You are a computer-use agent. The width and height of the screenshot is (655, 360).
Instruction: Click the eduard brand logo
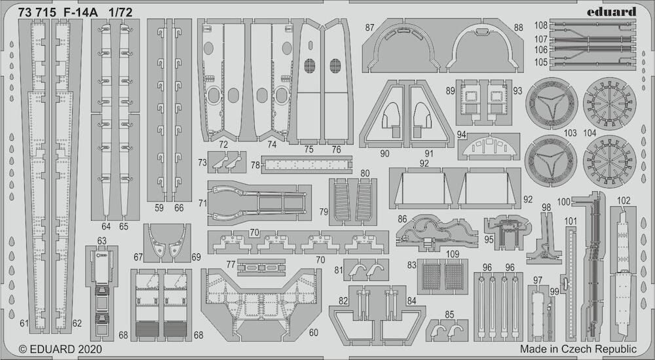coord(611,11)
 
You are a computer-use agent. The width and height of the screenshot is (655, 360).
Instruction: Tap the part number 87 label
coord(369,27)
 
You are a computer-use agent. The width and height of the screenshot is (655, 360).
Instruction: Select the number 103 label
coord(570,134)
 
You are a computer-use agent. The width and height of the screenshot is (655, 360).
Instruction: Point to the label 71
coord(202,204)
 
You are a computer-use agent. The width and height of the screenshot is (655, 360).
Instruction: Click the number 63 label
coord(102,241)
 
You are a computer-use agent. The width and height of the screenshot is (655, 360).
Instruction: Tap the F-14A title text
coord(81,12)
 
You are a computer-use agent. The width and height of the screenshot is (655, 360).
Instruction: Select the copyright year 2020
coord(88,349)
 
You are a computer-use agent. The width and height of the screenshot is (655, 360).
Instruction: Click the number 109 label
coord(453,254)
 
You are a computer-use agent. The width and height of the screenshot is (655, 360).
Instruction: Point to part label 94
coord(462,134)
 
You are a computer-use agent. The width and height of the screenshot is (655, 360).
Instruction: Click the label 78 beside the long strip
coord(255,165)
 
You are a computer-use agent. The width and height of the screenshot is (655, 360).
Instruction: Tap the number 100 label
coord(564,202)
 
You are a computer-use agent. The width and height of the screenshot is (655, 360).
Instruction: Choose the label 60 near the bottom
coord(313,333)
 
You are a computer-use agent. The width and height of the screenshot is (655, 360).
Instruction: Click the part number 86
coord(402,219)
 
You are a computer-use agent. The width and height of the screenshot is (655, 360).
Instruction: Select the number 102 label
coord(624,201)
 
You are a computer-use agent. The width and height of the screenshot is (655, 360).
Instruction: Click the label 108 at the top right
coord(540,26)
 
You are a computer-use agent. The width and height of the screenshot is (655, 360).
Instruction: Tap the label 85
coord(449,314)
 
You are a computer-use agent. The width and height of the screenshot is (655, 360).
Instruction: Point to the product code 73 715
coord(37,12)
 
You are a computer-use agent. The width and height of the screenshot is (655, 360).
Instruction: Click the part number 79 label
coord(324,212)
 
